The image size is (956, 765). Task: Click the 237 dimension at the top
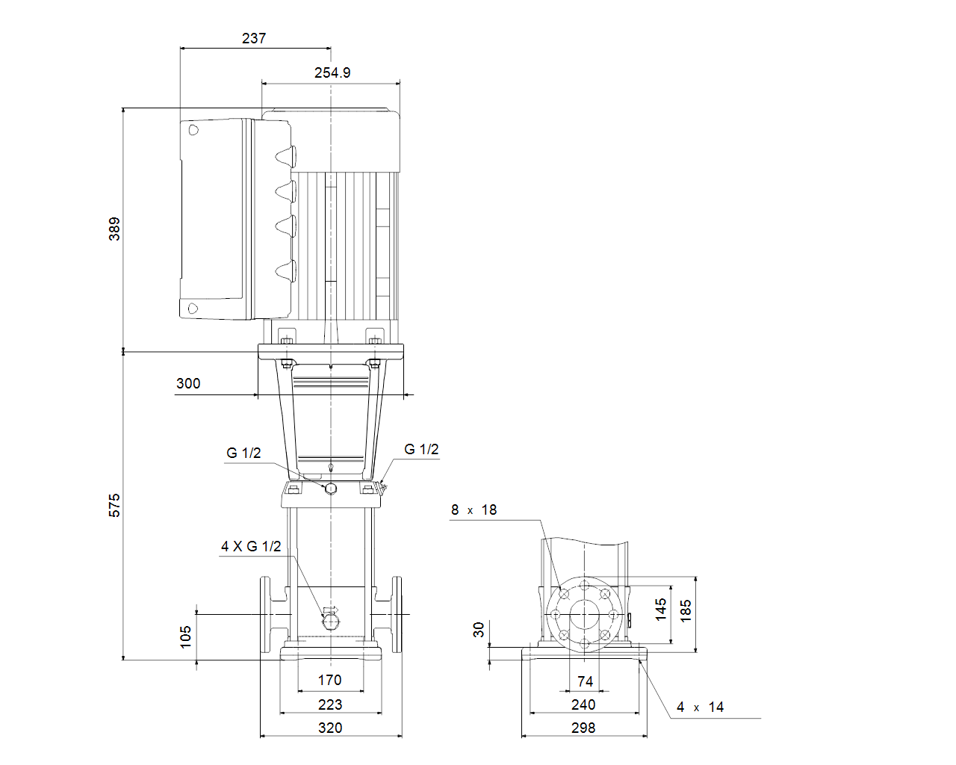[254, 38]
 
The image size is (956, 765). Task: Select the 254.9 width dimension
[332, 72]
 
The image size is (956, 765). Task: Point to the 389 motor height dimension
[114, 229]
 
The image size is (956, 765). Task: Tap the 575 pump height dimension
[114, 506]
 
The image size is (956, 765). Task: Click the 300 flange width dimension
[188, 383]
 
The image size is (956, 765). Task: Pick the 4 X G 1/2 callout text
[251, 546]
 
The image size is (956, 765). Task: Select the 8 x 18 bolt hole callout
[474, 510]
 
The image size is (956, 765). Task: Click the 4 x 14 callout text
[700, 707]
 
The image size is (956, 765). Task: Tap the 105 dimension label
[185, 637]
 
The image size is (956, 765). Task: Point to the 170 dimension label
[329, 680]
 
